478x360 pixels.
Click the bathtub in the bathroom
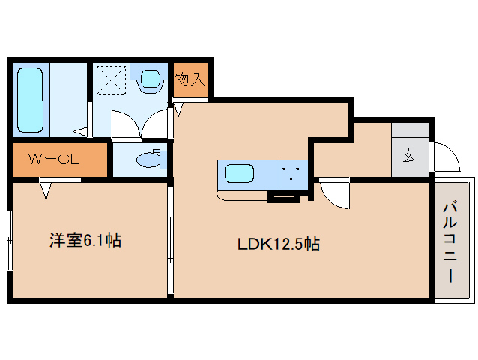(30, 100)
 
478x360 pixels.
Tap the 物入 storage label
(190, 79)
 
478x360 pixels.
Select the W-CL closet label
(54, 159)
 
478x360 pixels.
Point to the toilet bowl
(148, 160)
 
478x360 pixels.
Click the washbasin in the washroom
(151, 79)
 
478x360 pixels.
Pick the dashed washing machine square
(111, 80)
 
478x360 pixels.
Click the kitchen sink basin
(239, 173)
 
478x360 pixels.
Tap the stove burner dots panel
(291, 175)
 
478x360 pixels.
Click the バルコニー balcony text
(450, 242)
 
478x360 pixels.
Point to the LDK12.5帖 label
(279, 244)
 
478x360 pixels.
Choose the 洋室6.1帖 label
(85, 241)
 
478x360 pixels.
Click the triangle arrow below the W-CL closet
(46, 191)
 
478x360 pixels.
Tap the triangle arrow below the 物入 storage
(178, 109)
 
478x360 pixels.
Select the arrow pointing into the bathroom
(81, 132)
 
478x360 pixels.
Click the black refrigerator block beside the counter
(284, 198)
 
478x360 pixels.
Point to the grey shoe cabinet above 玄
(410, 130)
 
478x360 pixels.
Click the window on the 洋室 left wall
(10, 241)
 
